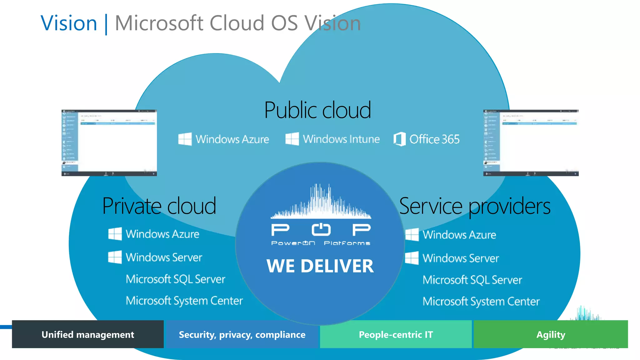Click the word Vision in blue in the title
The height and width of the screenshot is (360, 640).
[x=69, y=23]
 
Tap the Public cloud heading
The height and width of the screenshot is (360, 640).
[x=317, y=110]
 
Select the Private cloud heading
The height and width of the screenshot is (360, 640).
[x=159, y=206]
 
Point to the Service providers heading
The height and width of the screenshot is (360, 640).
[x=475, y=206]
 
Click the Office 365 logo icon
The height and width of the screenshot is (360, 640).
[x=399, y=139]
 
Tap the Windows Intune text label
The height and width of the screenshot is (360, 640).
[x=341, y=139]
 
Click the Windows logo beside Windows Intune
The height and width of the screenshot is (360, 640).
[x=292, y=139]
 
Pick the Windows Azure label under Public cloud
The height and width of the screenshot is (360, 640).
[x=232, y=139]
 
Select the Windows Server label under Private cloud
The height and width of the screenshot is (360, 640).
[x=164, y=257]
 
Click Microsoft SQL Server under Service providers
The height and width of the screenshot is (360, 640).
[x=472, y=280]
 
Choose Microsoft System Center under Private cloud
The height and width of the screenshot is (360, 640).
[x=184, y=301]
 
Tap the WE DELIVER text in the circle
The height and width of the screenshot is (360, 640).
[x=320, y=266]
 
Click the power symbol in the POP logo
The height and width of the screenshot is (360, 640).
[x=321, y=230]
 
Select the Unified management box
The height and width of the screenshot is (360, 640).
[x=88, y=334]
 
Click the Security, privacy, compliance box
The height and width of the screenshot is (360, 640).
[x=242, y=334]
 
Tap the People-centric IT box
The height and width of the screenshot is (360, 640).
[x=396, y=334]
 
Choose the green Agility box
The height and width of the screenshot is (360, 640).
[x=551, y=334]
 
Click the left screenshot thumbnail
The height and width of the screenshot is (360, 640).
[x=109, y=143]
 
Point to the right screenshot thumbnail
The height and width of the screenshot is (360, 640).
[x=531, y=143]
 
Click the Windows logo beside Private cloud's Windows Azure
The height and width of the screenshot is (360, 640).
[x=115, y=234]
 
